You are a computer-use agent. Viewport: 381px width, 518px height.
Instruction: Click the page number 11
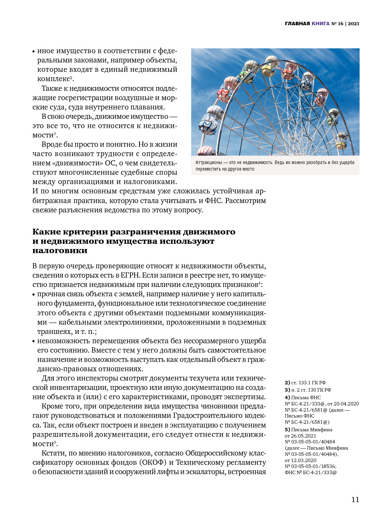point(355,499)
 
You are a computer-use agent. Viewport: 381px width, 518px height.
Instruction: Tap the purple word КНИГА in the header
point(320,24)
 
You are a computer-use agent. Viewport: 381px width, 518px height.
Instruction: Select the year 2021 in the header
point(353,24)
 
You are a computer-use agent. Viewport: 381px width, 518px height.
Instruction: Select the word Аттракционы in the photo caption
point(208,162)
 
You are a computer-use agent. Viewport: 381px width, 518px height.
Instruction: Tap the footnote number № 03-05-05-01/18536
point(310,466)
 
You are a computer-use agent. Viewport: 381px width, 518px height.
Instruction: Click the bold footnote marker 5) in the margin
point(287,430)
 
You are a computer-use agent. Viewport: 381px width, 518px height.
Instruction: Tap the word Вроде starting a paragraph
point(52,144)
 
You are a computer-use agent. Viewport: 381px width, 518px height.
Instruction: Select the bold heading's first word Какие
point(47,232)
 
